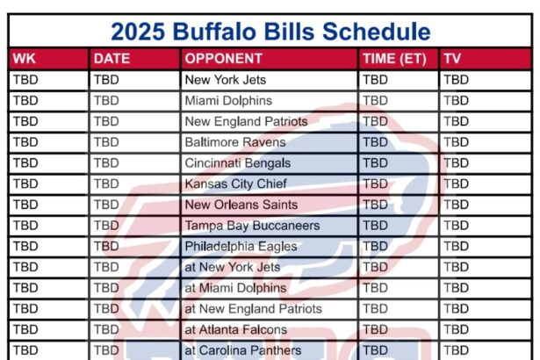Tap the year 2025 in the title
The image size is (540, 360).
click(x=138, y=32)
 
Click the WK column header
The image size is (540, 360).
click(x=25, y=59)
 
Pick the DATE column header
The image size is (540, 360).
click(x=112, y=59)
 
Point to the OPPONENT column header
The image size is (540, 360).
click(x=224, y=59)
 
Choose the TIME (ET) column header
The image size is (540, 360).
click(x=394, y=59)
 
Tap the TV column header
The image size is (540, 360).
click(x=452, y=59)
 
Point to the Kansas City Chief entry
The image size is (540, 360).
click(x=236, y=184)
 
